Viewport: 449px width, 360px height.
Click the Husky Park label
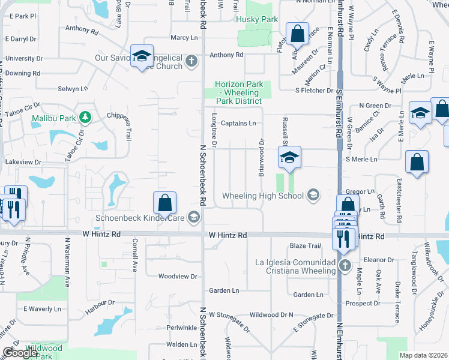[257, 20]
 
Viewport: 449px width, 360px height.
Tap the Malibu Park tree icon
[86, 117]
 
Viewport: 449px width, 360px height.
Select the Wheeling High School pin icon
[312, 194]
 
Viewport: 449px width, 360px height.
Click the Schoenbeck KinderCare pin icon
[194, 217]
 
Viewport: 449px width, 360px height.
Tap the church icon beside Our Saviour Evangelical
[191, 61]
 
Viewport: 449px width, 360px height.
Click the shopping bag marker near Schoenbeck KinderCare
[164, 203]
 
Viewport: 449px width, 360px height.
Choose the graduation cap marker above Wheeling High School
[289, 158]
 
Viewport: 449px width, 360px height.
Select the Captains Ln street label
[238, 124]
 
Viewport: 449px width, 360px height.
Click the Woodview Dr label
[177, 277]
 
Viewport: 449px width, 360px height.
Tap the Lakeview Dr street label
[22, 162]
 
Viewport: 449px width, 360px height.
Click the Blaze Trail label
[306, 246]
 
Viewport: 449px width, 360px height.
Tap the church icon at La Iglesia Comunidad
[345, 265]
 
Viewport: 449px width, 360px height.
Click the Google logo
[20, 353]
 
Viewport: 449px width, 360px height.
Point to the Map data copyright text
[423, 355]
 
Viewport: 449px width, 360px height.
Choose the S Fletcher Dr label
[314, 91]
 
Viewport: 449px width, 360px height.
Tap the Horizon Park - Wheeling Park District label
[237, 93]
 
